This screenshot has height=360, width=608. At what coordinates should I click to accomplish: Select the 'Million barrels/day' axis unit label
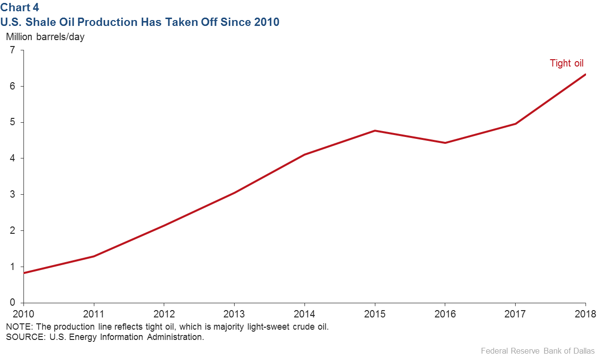(45, 37)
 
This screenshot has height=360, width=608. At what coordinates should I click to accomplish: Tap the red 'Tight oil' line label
(566, 63)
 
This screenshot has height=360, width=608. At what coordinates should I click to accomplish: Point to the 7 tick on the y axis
(13, 50)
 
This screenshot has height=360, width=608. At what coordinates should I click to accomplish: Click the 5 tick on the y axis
(13, 122)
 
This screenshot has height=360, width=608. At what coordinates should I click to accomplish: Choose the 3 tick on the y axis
(13, 194)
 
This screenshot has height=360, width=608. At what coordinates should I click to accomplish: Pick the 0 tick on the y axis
(13, 303)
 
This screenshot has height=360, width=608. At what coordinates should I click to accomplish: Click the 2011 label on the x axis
(94, 314)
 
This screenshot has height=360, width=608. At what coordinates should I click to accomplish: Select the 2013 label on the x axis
(234, 314)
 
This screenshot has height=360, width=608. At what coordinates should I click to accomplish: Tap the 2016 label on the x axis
(445, 314)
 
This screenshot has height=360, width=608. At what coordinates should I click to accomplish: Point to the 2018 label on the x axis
(585, 314)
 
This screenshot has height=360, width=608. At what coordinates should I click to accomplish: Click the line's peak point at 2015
(375, 131)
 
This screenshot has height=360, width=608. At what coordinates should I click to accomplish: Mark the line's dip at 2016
(445, 143)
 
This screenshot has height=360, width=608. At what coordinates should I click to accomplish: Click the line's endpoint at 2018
(585, 74)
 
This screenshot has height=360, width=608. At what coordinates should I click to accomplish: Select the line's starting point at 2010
(24, 272)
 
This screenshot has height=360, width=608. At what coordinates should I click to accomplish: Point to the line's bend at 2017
(515, 124)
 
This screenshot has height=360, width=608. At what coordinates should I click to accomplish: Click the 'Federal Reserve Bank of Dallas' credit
(538, 351)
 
